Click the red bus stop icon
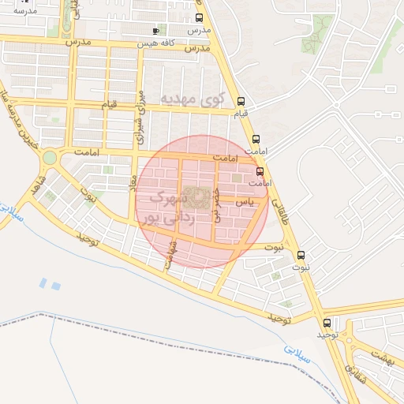tap(260, 171)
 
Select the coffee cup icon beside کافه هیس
tap(155, 31)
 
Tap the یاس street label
tap(245, 203)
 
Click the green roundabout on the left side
tap(50, 157)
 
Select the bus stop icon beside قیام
tap(241, 101)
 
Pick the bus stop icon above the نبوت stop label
tap(301, 255)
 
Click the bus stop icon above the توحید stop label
tap(327, 323)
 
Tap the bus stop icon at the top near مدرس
tap(198, 17)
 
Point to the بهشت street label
tap(380, 357)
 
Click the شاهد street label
tap(39, 186)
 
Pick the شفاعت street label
tap(172, 254)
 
